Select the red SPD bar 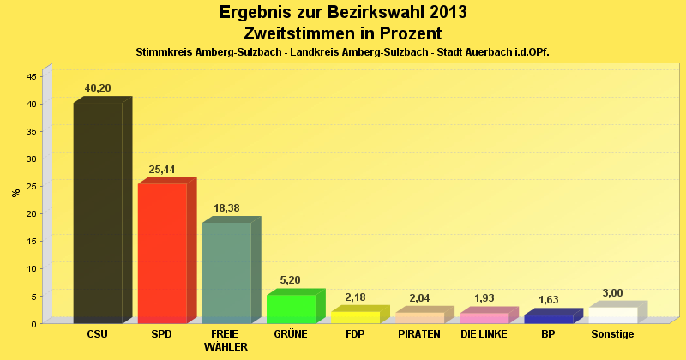point(162,253)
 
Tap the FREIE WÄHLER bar point(226,272)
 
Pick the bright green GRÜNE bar point(291,309)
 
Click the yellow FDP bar point(355,317)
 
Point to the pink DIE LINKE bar point(484,318)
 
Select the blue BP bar point(548,319)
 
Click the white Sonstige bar point(612,315)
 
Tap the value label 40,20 point(98,88)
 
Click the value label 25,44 point(162,170)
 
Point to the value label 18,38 point(226,208)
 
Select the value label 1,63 point(548,300)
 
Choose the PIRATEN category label point(419,334)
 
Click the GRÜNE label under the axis point(291,334)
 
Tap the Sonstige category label point(612,334)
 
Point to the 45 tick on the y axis point(31,76)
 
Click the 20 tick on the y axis point(31,213)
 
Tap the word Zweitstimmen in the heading point(296,33)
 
